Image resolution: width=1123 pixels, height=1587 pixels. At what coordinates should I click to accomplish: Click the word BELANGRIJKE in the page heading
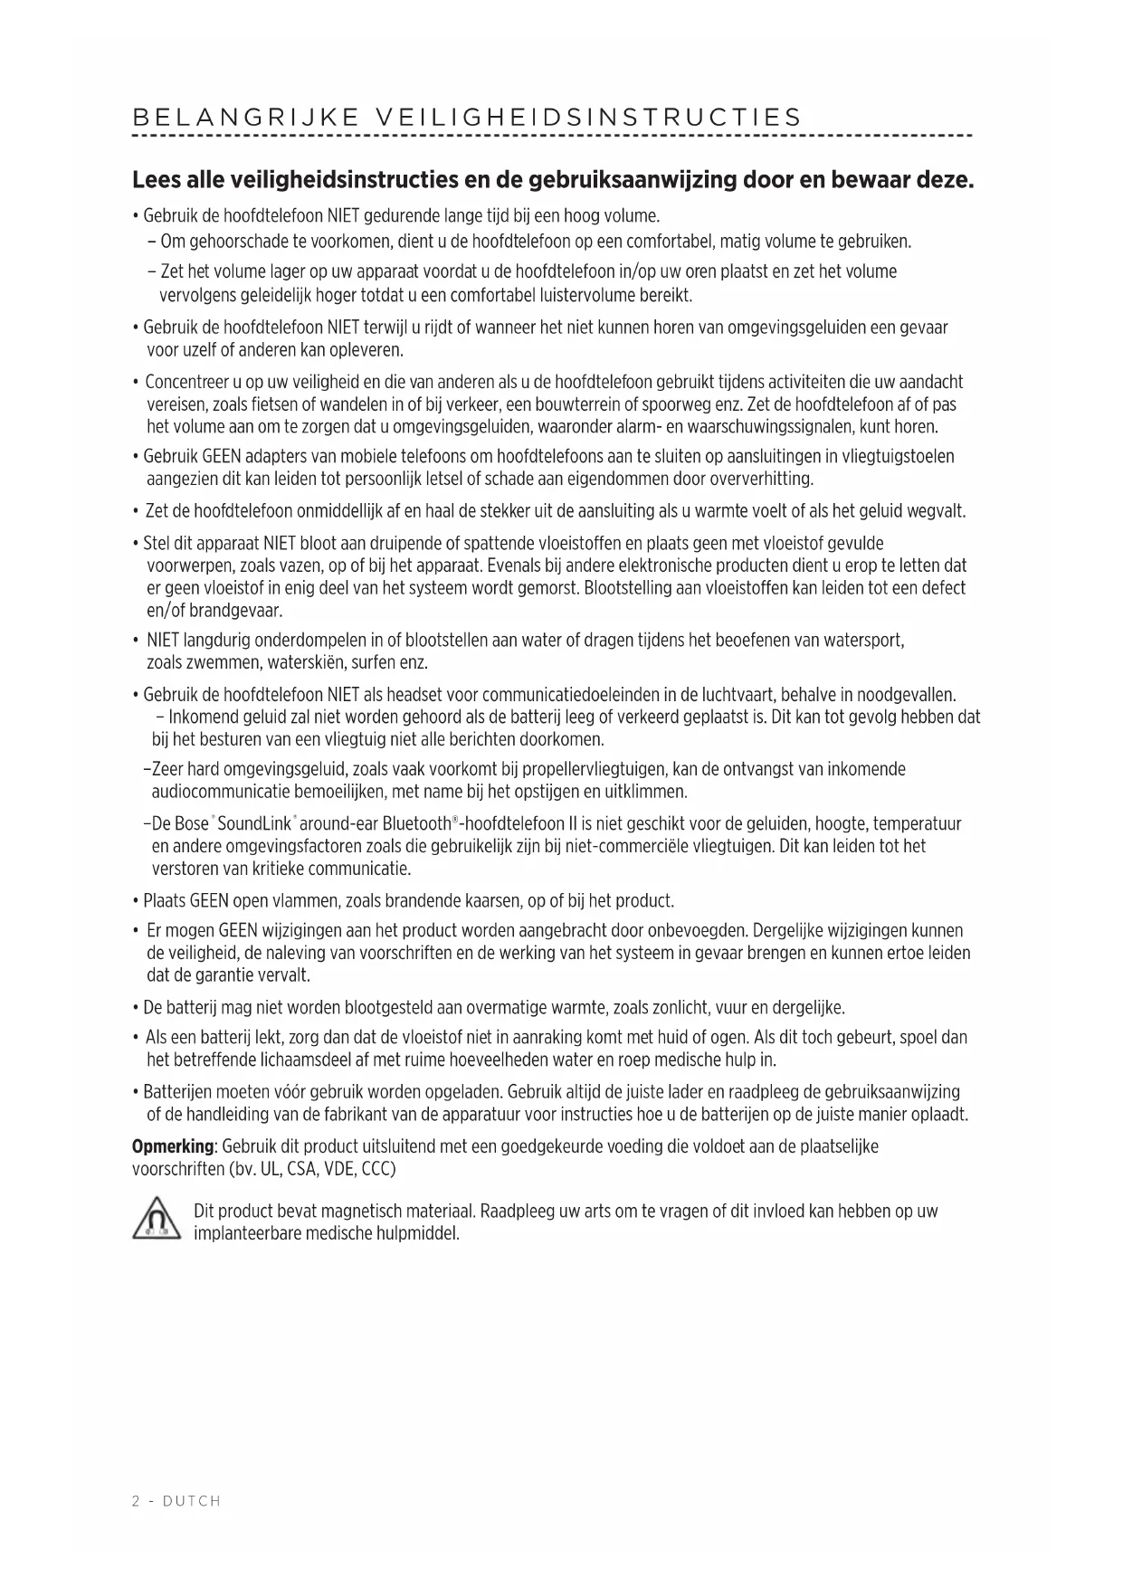point(247,118)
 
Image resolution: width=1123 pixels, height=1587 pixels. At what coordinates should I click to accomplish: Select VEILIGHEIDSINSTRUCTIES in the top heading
point(588,118)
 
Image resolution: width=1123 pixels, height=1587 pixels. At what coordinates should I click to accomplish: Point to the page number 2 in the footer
point(137,1501)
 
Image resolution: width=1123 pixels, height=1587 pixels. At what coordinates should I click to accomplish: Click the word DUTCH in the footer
point(192,1501)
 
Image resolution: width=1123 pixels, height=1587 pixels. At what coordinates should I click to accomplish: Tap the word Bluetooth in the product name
point(416,824)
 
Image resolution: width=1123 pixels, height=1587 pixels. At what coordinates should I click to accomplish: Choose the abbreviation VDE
point(340,1169)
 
